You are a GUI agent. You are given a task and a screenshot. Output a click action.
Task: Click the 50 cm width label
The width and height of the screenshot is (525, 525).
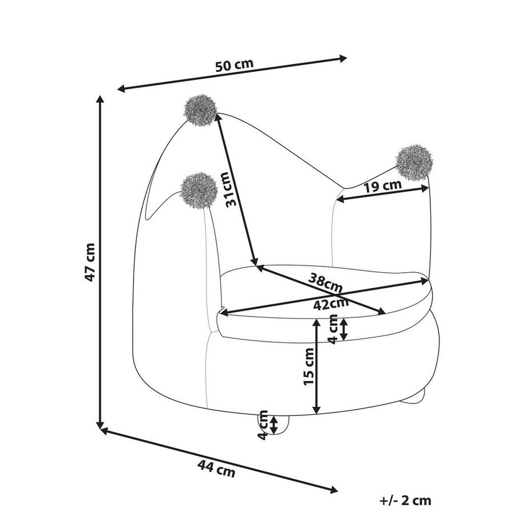click(234, 65)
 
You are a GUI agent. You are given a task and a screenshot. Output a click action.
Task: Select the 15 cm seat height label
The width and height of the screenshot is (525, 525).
click(309, 365)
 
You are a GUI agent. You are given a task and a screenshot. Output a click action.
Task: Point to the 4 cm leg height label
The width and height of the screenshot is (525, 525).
click(263, 425)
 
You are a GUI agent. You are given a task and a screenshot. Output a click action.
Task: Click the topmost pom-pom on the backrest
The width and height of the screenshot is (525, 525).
click(200, 110)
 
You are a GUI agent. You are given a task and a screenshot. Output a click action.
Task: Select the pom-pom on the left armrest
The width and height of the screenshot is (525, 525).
click(199, 189)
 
